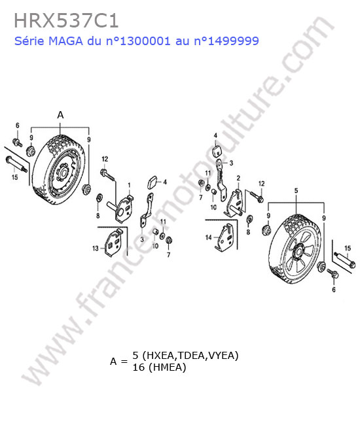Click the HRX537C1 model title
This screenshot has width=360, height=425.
[x=66, y=21]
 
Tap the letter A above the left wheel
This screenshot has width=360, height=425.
[x=60, y=115]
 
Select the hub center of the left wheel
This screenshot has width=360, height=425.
[x=64, y=173]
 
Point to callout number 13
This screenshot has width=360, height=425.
[x=95, y=248]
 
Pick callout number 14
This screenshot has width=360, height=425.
[x=208, y=238]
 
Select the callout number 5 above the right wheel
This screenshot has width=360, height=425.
[x=296, y=190]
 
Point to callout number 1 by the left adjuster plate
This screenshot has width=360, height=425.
[x=129, y=185]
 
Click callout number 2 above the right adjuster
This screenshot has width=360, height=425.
[x=238, y=178]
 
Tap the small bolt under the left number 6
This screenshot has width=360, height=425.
[x=18, y=142]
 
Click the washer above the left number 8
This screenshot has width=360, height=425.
[x=99, y=197]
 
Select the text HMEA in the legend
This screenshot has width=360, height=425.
[x=167, y=367]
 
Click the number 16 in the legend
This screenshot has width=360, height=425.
[x=138, y=367]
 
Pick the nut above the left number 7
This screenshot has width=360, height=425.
[x=168, y=240]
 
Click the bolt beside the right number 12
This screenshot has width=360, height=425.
[x=256, y=197]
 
